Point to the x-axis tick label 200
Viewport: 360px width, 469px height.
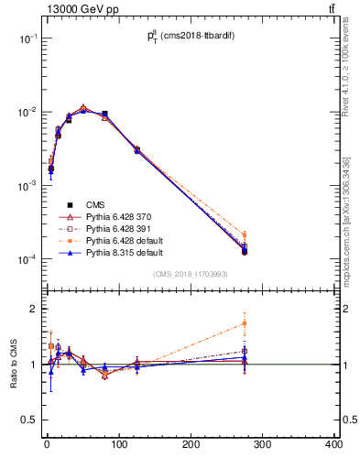point(191,445)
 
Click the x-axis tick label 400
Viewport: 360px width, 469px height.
point(333,445)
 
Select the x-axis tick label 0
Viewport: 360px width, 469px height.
point(47,445)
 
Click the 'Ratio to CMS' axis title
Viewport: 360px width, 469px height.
point(12,364)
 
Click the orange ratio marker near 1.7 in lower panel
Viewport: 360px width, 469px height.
point(245,323)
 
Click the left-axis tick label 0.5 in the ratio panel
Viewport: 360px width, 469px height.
point(30,420)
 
